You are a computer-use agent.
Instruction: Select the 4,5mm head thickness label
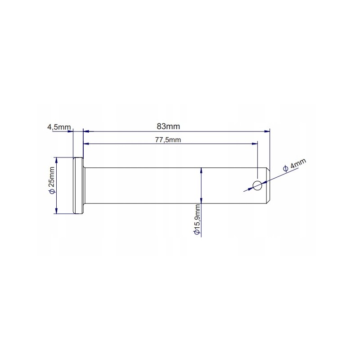59,127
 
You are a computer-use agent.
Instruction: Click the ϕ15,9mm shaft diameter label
196,220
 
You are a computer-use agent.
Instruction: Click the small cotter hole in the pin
257,185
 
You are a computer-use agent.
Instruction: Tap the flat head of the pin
78,185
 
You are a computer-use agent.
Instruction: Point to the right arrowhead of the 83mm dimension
267,131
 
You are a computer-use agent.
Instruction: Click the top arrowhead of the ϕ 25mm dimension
56,160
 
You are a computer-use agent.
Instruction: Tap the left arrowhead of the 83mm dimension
86,131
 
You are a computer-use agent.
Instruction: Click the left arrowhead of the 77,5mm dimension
86,144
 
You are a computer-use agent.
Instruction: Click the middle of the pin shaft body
171,185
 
